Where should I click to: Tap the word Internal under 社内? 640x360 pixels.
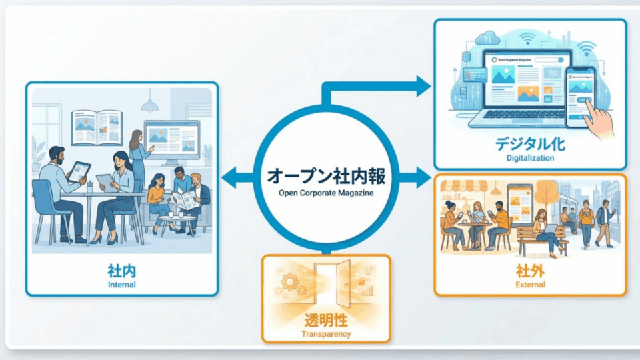121,285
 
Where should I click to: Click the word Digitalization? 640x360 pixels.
529,159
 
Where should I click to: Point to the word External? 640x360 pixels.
530,285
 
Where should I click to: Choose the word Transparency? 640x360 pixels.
326,334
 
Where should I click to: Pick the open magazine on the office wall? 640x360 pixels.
96,127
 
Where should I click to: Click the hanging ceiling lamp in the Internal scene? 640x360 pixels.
149,105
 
